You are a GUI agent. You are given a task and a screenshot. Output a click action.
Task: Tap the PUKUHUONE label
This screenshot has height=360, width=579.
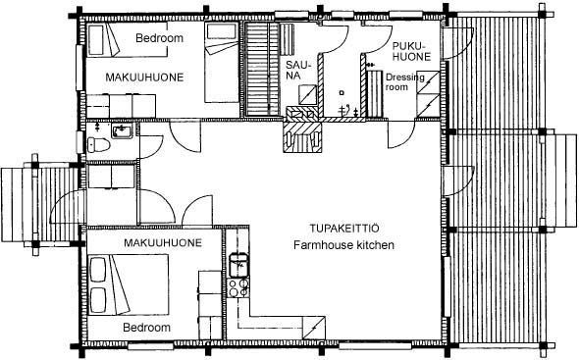411,51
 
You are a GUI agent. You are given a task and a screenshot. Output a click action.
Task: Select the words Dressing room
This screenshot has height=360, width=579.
405,82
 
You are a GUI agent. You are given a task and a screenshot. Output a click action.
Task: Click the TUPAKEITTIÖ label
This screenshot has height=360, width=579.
344,229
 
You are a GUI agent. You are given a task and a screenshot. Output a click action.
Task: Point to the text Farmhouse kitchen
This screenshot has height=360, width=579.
343,245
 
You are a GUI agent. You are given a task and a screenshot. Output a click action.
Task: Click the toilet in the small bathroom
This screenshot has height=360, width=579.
98,145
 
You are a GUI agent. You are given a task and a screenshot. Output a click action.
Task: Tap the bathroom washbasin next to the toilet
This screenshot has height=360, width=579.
122,130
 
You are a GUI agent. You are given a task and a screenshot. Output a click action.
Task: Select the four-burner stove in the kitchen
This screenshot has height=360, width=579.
238,287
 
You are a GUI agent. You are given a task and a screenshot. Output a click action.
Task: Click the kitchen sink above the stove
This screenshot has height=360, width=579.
238,265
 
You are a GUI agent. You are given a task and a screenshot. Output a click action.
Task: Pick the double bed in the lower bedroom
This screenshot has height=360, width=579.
129,283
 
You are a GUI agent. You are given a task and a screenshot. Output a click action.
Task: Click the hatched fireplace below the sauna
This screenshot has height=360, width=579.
302,137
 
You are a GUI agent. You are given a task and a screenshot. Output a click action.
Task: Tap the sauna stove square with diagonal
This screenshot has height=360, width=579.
307,94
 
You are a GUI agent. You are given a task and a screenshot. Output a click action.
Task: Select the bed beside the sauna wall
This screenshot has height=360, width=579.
222,63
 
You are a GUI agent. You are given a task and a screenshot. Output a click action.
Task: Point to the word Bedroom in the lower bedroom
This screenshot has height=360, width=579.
146,327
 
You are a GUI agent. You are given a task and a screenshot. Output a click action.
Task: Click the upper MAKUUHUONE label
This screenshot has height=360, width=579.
144,77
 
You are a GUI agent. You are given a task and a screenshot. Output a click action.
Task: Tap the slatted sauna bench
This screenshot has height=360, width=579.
262,69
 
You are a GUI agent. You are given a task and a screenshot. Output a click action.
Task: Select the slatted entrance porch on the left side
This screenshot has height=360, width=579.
41,205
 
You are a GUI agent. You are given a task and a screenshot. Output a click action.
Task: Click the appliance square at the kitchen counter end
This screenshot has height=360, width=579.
314,328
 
